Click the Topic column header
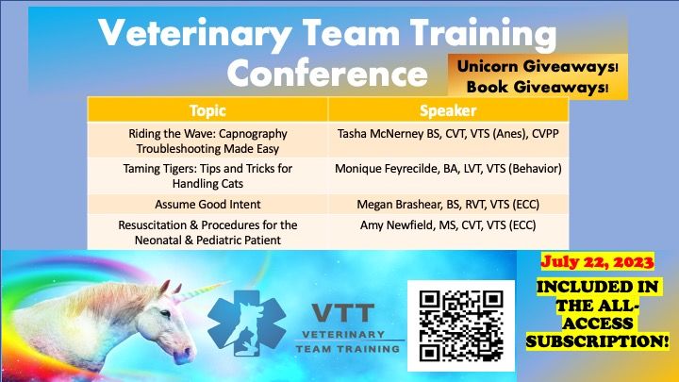pyautogui.click(x=207, y=110)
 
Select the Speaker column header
pyautogui.click(x=448, y=110)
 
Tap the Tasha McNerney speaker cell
pyautogui.click(x=448, y=140)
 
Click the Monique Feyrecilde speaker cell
pyautogui.click(x=448, y=175)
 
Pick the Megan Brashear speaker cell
pyautogui.click(x=448, y=204)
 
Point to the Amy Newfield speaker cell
pyautogui.click(x=448, y=232)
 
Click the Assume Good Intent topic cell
pyautogui.click(x=207, y=204)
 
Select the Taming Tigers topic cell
pyautogui.click(x=207, y=175)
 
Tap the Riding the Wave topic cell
pyautogui.click(x=207, y=140)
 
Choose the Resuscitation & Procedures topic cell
pyautogui.click(x=207, y=232)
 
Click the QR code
pyautogui.click(x=461, y=325)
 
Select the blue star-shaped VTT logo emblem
pyautogui.click(x=246, y=324)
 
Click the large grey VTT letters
pyautogui.click(x=343, y=313)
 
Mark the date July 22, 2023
pyautogui.click(x=597, y=262)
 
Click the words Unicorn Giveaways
pyautogui.click(x=536, y=66)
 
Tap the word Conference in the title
pyautogui.click(x=327, y=73)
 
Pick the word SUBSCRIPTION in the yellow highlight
pyautogui.click(x=598, y=341)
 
